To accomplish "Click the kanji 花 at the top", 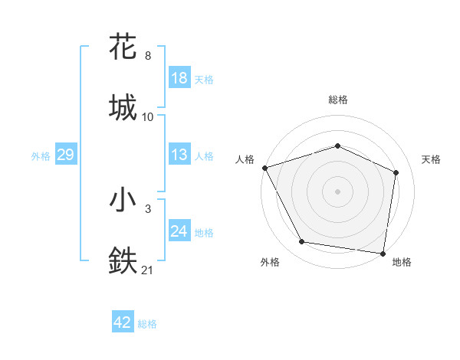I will pyautogui.click(x=123, y=47).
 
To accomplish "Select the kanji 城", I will pyautogui.click(x=123, y=107).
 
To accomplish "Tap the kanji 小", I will pyautogui.click(x=123, y=201).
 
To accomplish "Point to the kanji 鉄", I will pyautogui.click(x=123, y=260).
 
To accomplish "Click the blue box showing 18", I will pyautogui.click(x=179, y=78).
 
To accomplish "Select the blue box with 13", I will pyautogui.click(x=179, y=155).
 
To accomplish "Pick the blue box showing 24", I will pyautogui.click(x=179, y=231).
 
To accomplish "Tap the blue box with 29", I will pyautogui.click(x=66, y=155).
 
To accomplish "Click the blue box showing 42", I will pyautogui.click(x=123, y=323).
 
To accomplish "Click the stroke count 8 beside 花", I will pyautogui.click(x=148, y=56).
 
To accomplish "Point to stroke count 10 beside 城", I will pyautogui.click(x=148, y=116).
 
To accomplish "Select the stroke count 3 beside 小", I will pyautogui.click(x=148, y=209).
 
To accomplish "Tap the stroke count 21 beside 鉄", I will pyautogui.click(x=148, y=270).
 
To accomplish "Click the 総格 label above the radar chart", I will pyautogui.click(x=338, y=100).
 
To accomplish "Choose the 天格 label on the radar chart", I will pyautogui.click(x=431, y=159).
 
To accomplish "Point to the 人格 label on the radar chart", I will pyautogui.click(x=245, y=159).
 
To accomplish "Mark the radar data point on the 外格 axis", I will pyautogui.click(x=302, y=242).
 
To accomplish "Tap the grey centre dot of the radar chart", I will pyautogui.click(x=337, y=191).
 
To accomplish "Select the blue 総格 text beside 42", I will pyautogui.click(x=147, y=324).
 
